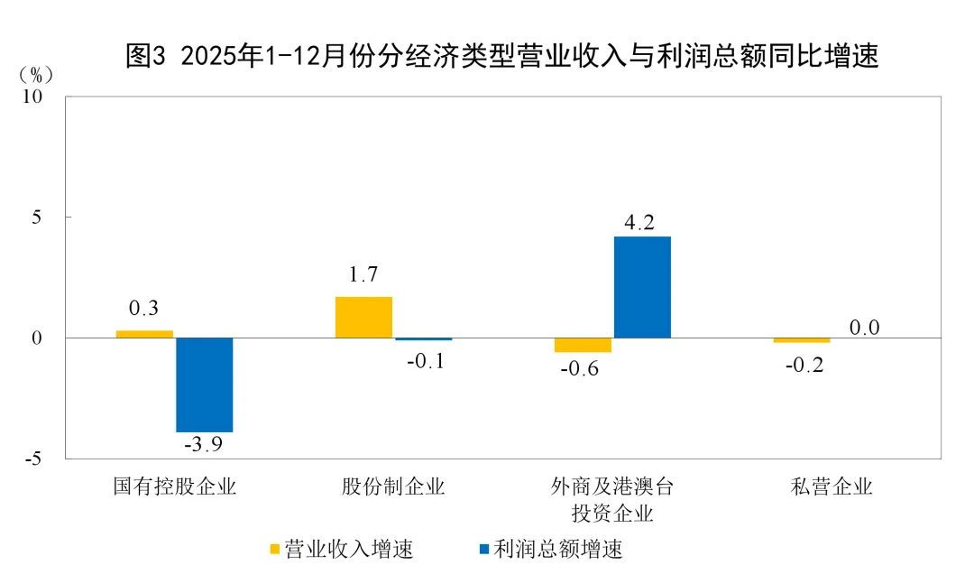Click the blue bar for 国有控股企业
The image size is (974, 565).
pyautogui.click(x=204, y=384)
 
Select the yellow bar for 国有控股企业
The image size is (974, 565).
pyautogui.click(x=144, y=334)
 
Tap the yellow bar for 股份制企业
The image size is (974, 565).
pyautogui.click(x=363, y=317)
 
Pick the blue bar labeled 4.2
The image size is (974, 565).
pyautogui.click(x=642, y=287)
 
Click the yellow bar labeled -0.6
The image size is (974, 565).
pyautogui.click(x=583, y=345)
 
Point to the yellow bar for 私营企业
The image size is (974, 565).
pyautogui.click(x=802, y=340)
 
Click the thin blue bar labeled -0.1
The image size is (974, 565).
pyautogui.click(x=423, y=339)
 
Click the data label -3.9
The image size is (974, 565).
pyautogui.click(x=204, y=446)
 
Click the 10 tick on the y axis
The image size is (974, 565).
pyautogui.click(x=44, y=97)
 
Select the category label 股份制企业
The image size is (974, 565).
pyautogui.click(x=393, y=487)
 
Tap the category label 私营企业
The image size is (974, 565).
pyautogui.click(x=832, y=487)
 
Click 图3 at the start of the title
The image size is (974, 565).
pyautogui.click(x=145, y=57)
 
